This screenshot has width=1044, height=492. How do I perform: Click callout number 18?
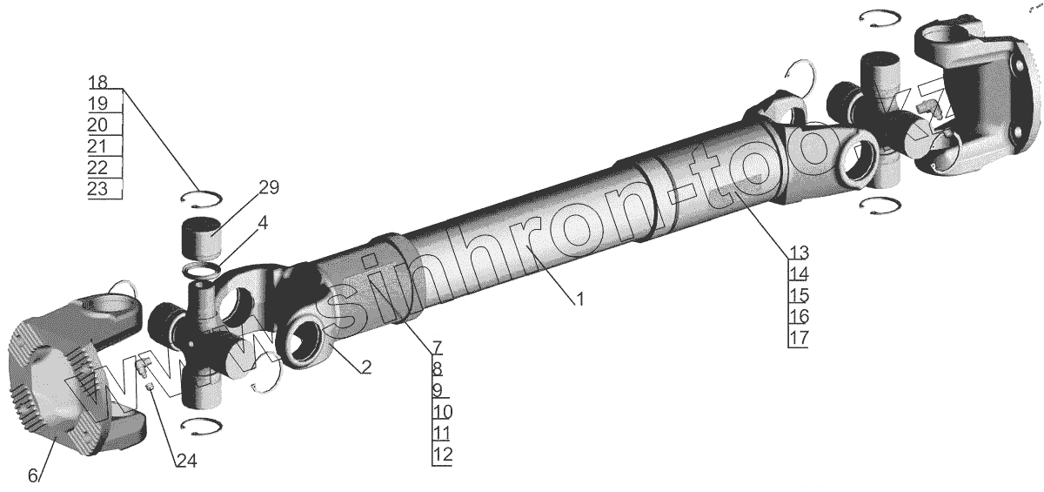point(97,82)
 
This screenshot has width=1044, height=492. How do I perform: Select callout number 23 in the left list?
point(97,189)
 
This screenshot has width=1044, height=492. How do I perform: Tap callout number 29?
point(269,187)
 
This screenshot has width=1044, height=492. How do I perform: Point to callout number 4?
point(263,223)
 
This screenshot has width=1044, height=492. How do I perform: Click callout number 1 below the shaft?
point(579,300)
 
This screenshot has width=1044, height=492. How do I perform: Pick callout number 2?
point(366,367)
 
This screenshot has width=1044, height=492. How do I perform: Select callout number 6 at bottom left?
point(33,475)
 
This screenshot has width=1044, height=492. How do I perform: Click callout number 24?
point(187,461)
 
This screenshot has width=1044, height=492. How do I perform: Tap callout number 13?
point(799,253)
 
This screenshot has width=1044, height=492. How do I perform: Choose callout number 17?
point(799,338)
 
